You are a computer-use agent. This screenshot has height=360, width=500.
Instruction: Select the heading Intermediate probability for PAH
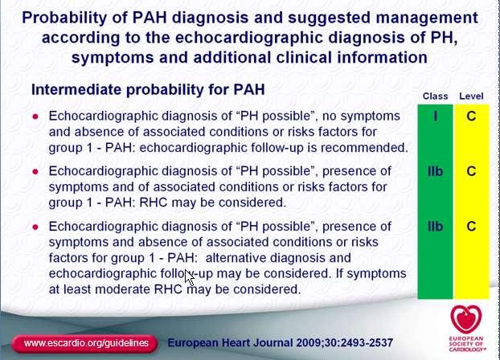pyautogui.click(x=148, y=90)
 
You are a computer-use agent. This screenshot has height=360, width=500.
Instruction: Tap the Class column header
pyautogui.click(x=435, y=96)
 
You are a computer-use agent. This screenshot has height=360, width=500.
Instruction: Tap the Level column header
pyautogui.click(x=471, y=96)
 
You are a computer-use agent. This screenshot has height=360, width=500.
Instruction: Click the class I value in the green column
pyautogui.click(x=435, y=116)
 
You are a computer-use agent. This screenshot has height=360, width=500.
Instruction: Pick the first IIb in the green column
pyautogui.click(x=435, y=171)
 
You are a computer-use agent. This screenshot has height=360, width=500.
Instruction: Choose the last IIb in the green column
pyautogui.click(x=435, y=227)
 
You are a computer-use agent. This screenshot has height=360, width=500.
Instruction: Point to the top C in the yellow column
pyautogui.click(x=471, y=116)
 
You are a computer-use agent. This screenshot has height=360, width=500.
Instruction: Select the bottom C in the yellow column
pyautogui.click(x=471, y=227)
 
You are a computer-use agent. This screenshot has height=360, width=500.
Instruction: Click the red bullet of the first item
pyautogui.click(x=35, y=117)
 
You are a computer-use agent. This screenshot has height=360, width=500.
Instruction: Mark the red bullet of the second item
pyautogui.click(x=35, y=172)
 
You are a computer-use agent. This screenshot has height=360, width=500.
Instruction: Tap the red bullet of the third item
pyautogui.click(x=35, y=227)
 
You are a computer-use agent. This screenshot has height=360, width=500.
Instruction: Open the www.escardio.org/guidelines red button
pyautogui.click(x=85, y=343)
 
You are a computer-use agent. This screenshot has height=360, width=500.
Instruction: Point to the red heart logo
pyautogui.click(x=466, y=320)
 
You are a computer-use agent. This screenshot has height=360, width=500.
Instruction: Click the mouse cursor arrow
pyautogui.click(x=190, y=278)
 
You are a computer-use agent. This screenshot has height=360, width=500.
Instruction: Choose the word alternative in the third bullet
pyautogui.click(x=236, y=258)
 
